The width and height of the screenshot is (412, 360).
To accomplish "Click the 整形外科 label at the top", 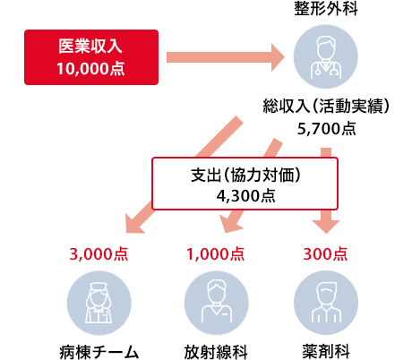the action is point(326,8).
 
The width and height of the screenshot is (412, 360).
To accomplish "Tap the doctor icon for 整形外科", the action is point(326,56).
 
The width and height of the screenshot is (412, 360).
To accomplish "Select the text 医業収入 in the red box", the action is point(90,47).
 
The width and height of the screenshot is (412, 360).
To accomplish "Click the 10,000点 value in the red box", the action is point(90,69).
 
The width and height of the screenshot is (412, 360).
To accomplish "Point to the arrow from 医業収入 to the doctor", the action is point(226,57).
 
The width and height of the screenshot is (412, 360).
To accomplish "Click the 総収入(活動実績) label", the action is point(326,106).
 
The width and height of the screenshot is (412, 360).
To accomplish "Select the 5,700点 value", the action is point(327,129).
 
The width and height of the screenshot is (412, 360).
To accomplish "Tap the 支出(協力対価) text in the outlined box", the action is point(245,175).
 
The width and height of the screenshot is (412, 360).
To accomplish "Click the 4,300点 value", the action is point(245,196).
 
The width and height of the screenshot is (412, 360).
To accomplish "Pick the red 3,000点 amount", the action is point(99,254).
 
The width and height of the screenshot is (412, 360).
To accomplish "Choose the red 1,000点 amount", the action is point(216,254).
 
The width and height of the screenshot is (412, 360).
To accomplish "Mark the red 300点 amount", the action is point(325,254).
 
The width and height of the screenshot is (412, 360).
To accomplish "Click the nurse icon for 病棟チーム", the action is point(99,303).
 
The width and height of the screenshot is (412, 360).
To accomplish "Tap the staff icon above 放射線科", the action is point(217,303).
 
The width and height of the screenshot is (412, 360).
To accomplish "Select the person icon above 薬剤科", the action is point(326,303).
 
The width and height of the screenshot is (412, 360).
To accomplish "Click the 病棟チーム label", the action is point(99,352).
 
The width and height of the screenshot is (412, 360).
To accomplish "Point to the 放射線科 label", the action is point(216,352).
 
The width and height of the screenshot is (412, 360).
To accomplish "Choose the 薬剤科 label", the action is point(326,352).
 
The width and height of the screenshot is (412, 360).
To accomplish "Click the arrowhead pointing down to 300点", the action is point(326,227).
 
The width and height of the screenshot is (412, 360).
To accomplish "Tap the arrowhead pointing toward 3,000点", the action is point(133,224).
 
